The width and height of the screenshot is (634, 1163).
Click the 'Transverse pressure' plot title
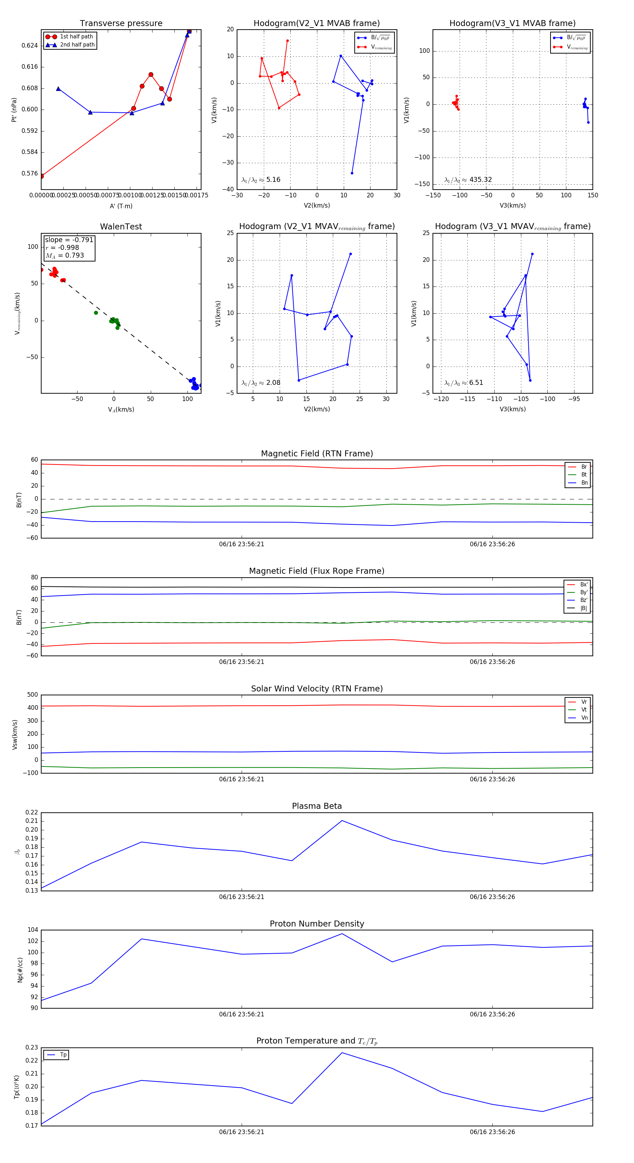(x=121, y=24)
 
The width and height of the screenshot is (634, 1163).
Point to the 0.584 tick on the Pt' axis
(x=30, y=152)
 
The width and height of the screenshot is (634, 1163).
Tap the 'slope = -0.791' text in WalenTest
(x=69, y=240)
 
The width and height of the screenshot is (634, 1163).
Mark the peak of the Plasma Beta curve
(x=342, y=821)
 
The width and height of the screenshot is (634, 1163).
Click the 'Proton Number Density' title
(x=317, y=924)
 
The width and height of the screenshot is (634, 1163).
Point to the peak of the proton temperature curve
(x=342, y=1053)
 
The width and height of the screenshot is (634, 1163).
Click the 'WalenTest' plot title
(x=121, y=227)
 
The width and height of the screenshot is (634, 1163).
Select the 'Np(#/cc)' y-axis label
(x=20, y=970)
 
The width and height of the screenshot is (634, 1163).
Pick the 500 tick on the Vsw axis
(x=32, y=695)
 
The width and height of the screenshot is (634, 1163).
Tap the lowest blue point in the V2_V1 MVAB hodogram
(x=352, y=173)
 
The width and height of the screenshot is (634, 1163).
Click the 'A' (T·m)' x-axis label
(x=121, y=206)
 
